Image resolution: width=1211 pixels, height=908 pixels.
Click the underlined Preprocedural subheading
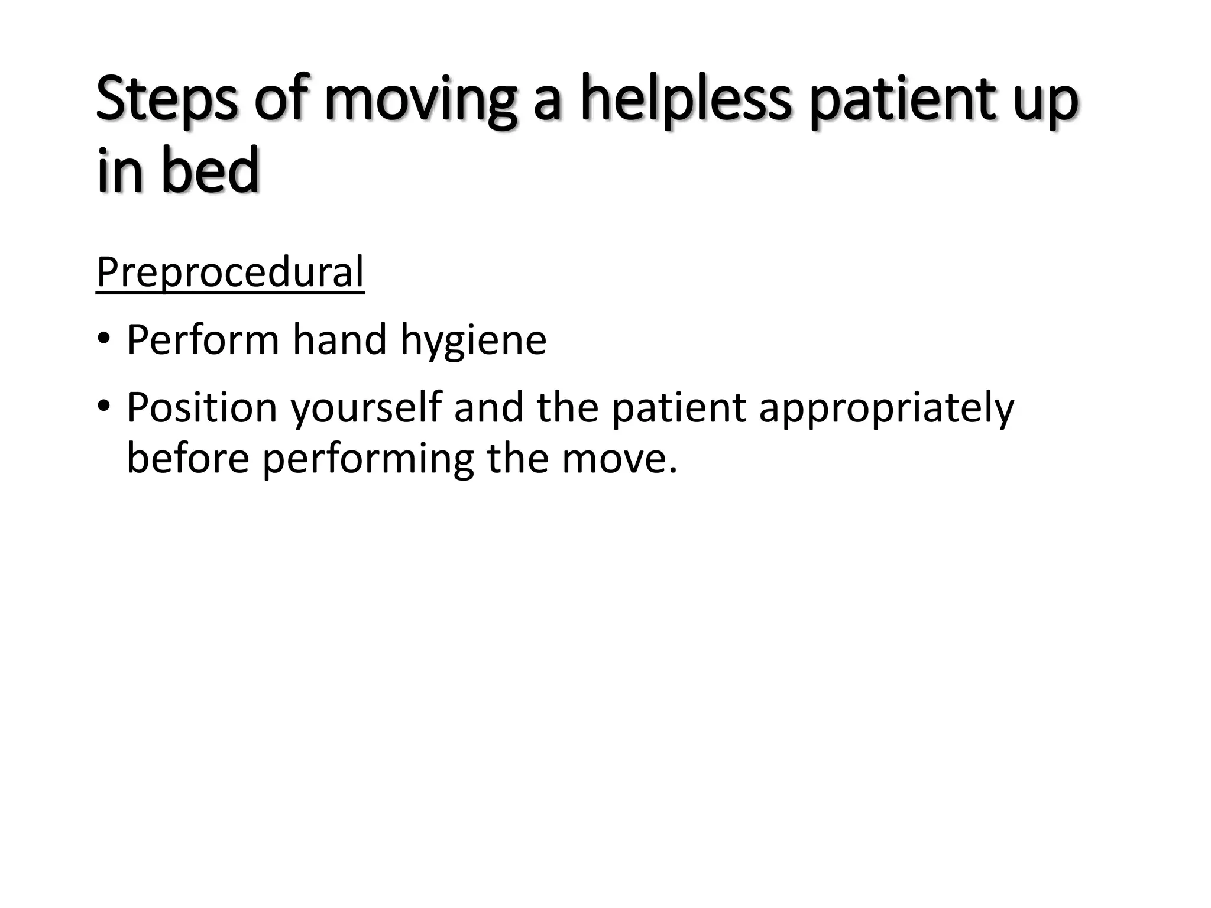[x=230, y=273]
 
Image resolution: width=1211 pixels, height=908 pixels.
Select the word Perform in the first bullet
[x=203, y=340]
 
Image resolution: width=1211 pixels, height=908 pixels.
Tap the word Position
[x=202, y=407]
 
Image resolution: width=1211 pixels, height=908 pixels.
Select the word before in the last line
[x=188, y=458]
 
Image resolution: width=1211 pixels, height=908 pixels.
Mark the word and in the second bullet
[x=489, y=407]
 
